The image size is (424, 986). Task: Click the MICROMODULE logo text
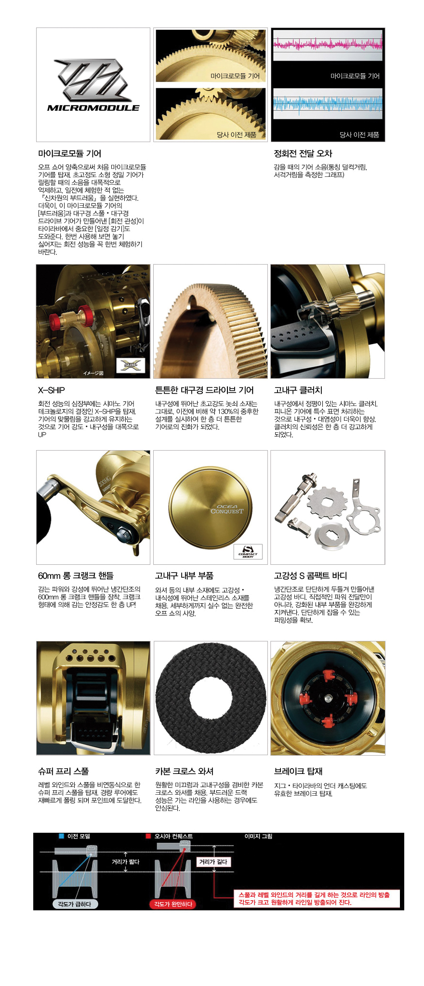(93, 108)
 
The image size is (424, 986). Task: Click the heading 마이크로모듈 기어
(69, 154)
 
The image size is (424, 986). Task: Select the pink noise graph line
(328, 45)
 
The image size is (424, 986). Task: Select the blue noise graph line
(328, 103)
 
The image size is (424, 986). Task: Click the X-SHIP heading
(51, 390)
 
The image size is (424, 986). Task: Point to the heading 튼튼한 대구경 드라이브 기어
(204, 390)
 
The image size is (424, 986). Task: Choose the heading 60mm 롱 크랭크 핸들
(76, 576)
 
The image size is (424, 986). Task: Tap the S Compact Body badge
(248, 552)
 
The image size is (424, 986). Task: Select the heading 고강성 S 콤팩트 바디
(310, 576)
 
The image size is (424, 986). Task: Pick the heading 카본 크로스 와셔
(184, 772)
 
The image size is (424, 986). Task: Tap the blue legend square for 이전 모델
(61, 836)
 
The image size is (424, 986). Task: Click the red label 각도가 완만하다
(173, 904)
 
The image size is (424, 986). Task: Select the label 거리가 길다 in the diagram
(213, 862)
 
